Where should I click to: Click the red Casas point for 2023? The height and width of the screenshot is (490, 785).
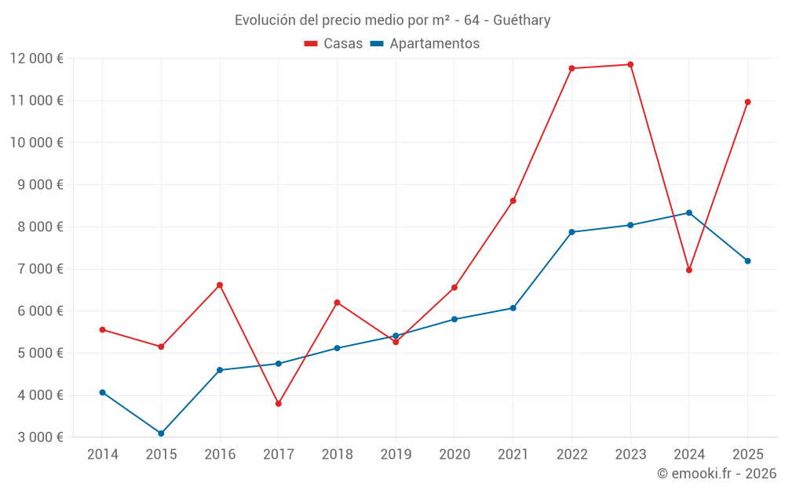pyautogui.click(x=630, y=64)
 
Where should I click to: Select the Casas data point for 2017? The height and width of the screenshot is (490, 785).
pyautogui.click(x=279, y=404)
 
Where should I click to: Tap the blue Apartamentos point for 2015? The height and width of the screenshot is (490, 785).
pyautogui.click(x=161, y=434)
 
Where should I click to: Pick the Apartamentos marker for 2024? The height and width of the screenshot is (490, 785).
pyautogui.click(x=689, y=212)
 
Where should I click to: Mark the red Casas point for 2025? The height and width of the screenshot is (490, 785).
pyautogui.click(x=747, y=102)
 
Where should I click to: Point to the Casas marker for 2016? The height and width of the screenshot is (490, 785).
pyautogui.click(x=220, y=285)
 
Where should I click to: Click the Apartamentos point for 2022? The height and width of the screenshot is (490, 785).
pyautogui.click(x=571, y=232)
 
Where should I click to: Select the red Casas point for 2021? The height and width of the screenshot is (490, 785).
pyautogui.click(x=513, y=201)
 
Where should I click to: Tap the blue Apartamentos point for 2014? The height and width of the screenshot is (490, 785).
pyautogui.click(x=103, y=392)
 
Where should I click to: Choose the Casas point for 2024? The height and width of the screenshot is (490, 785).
pyautogui.click(x=689, y=270)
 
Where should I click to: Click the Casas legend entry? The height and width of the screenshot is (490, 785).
pyautogui.click(x=334, y=44)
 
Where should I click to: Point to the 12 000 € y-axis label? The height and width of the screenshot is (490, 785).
pyautogui.click(x=37, y=59)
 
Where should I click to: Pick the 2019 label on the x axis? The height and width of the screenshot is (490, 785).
pyautogui.click(x=396, y=455)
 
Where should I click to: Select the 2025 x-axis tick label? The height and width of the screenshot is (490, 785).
pyautogui.click(x=747, y=455)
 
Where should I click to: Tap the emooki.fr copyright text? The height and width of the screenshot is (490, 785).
pyautogui.click(x=717, y=474)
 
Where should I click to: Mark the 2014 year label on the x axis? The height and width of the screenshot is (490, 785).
pyautogui.click(x=103, y=455)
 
